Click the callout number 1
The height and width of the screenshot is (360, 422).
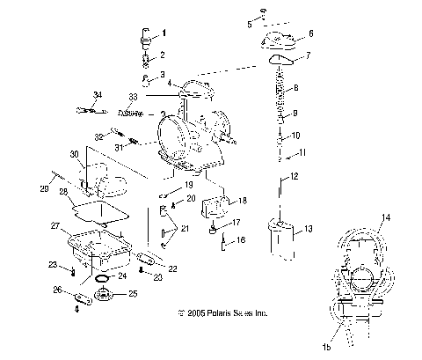(x=162, y=33)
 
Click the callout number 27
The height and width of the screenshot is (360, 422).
(x=55, y=226)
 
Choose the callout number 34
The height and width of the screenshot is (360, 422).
(x=98, y=94)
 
